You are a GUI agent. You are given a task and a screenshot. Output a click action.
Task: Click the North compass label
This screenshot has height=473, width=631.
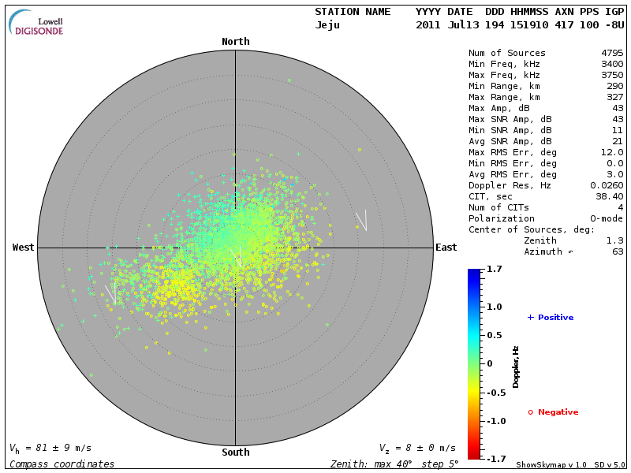coord(236,42)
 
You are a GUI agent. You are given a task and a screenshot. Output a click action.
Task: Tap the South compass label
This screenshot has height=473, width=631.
coord(236,453)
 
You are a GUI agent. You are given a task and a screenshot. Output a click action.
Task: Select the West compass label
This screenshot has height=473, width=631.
coord(24,248)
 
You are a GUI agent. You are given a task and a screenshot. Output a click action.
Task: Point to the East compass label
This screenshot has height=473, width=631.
coord(446,248)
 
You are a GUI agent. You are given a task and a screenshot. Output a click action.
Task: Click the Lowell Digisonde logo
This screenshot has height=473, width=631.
coord(37,23)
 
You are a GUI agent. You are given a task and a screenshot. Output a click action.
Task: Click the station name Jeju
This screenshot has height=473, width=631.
coord(327,25)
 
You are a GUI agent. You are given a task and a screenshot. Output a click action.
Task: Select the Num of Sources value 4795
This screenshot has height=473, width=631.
coord(612,54)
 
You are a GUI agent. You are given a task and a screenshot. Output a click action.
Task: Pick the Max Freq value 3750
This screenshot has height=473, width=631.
coord(612,76)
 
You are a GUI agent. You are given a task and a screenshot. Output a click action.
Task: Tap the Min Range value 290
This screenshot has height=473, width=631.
coord(615,86)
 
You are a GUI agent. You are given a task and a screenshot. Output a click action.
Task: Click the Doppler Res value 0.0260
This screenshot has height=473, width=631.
coord(607,185)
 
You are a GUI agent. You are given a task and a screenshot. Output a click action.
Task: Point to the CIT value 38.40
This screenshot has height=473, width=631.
coord(610,196)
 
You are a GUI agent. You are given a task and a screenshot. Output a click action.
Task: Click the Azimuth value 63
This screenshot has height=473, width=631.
coord(618,251)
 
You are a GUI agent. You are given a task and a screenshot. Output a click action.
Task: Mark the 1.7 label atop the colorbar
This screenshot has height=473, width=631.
coord(495,270)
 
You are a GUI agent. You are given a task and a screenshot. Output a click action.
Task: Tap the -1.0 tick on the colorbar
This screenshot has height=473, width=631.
coord(495,421)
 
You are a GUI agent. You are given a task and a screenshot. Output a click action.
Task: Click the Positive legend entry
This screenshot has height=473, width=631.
coord(551,318)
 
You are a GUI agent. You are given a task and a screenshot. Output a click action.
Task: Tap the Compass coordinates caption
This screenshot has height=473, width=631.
coord(62,464)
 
